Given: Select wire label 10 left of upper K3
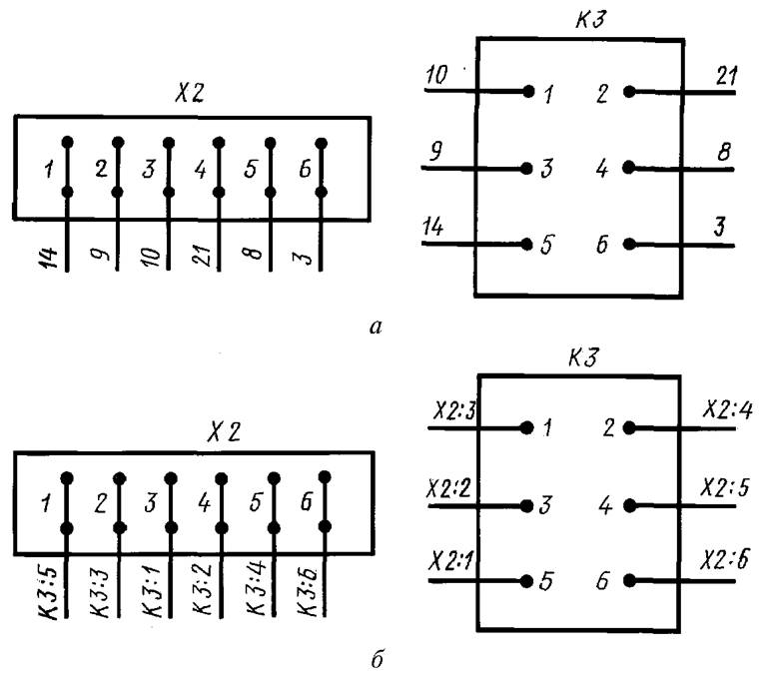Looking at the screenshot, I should point(437,76).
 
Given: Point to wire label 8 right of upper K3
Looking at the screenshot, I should point(720,151).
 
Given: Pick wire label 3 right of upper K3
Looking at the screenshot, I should point(719,228).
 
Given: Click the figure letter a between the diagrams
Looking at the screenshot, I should point(375,325).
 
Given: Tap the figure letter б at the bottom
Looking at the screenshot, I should point(375,659).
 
